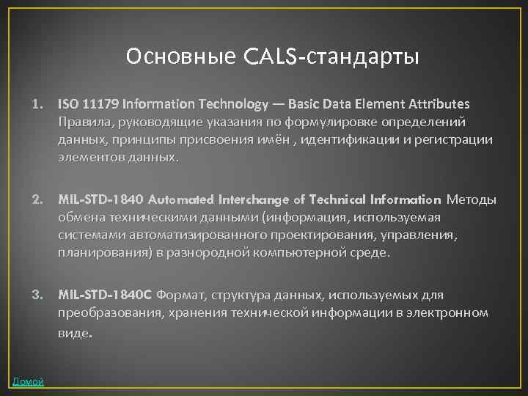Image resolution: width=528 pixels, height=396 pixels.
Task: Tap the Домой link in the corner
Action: click(x=28, y=381)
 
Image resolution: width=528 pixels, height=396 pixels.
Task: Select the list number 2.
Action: click(x=36, y=199)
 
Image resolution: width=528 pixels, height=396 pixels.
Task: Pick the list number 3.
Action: click(x=36, y=295)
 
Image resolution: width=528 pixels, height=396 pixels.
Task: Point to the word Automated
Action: click(x=180, y=199)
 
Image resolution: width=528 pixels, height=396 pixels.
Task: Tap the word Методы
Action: click(x=471, y=199)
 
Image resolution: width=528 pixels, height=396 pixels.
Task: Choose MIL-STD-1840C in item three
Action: click(x=105, y=295)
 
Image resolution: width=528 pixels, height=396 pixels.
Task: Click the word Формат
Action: click(x=180, y=295)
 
